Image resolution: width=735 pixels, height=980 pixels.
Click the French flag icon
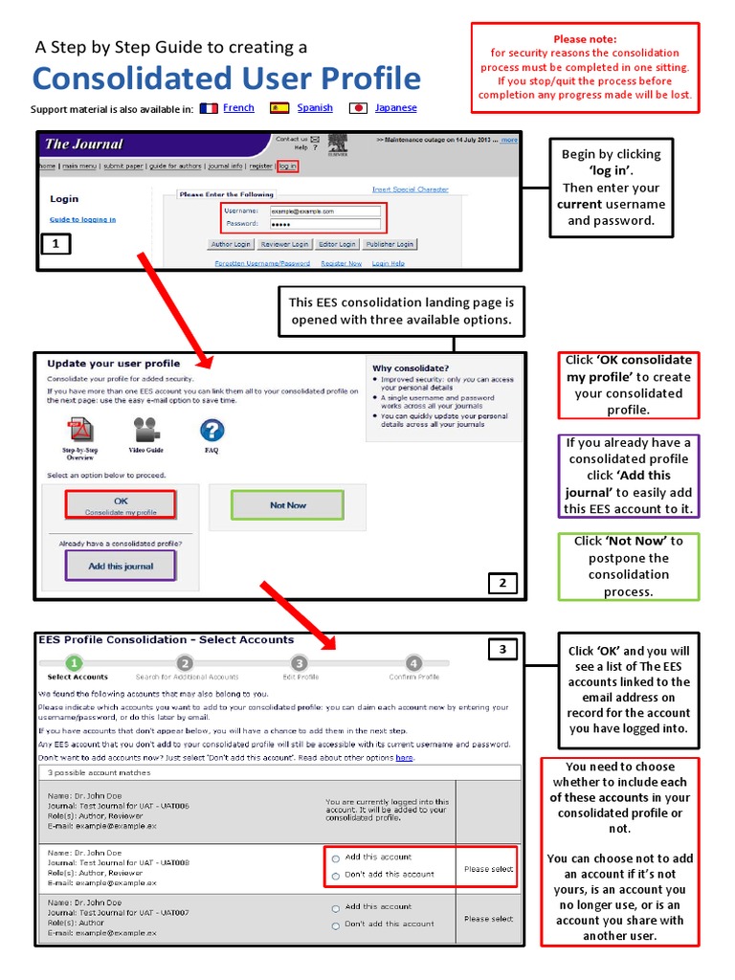pyautogui.click(x=209, y=108)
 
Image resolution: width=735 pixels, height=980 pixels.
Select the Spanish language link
pyautogui.click(x=315, y=108)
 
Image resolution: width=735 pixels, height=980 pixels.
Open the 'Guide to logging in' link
pyautogui.click(x=82, y=219)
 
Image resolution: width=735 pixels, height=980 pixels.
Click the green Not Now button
pyautogui.click(x=288, y=504)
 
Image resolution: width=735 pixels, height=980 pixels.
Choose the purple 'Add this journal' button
pyautogui.click(x=121, y=566)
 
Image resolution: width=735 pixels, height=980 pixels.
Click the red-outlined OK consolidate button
pyautogui.click(x=121, y=504)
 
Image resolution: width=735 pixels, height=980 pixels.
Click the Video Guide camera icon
pyautogui.click(x=146, y=429)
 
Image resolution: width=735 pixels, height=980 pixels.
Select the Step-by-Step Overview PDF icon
pyautogui.click(x=79, y=430)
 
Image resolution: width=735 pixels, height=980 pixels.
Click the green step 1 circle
pyautogui.click(x=77, y=662)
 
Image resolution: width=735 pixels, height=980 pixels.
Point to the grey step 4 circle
pyautogui.click(x=413, y=662)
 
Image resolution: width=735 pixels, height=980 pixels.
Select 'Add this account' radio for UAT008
pyautogui.click(x=335, y=858)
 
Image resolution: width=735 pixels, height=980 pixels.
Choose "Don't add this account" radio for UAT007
pyautogui.click(x=335, y=925)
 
